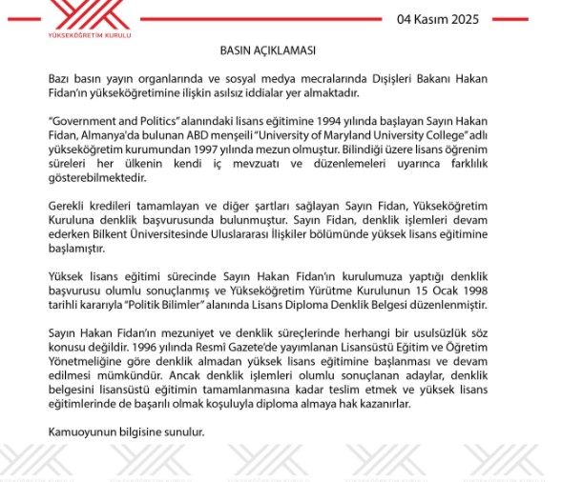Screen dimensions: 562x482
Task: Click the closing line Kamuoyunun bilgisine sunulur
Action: click(126, 432)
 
